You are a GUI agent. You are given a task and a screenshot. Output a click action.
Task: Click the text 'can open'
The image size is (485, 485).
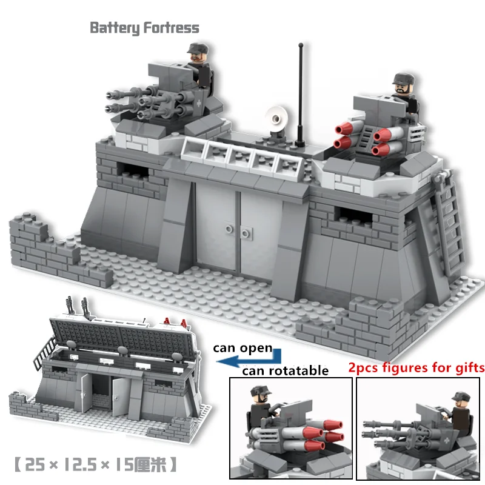242,349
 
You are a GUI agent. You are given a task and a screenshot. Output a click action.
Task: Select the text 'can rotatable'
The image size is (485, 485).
285,370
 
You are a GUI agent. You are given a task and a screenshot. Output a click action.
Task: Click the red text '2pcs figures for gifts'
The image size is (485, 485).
416,367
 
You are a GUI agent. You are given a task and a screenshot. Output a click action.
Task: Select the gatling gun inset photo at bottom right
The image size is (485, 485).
418,428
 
